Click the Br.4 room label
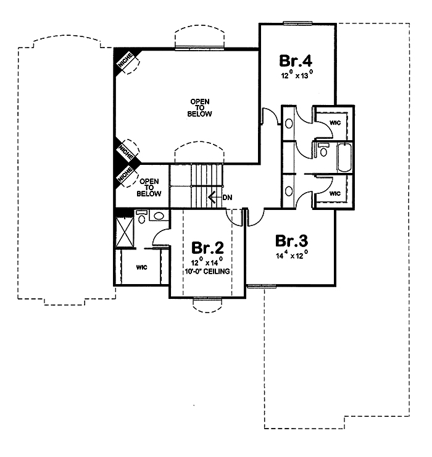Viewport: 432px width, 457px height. (x=297, y=61)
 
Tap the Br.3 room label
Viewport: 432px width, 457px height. (x=292, y=240)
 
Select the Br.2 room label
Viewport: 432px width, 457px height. (x=207, y=248)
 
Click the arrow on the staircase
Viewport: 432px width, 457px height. (x=213, y=198)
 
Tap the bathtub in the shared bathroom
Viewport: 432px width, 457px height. (x=344, y=157)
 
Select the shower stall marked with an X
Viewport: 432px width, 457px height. (x=126, y=235)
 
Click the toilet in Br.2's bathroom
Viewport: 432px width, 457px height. (x=141, y=216)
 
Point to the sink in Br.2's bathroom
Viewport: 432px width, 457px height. (x=159, y=216)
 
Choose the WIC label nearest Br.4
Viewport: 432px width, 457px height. (x=335, y=122)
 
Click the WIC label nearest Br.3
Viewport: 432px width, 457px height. (x=335, y=193)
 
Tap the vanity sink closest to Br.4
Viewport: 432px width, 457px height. (x=290, y=123)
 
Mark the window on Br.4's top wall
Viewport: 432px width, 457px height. (x=297, y=23)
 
